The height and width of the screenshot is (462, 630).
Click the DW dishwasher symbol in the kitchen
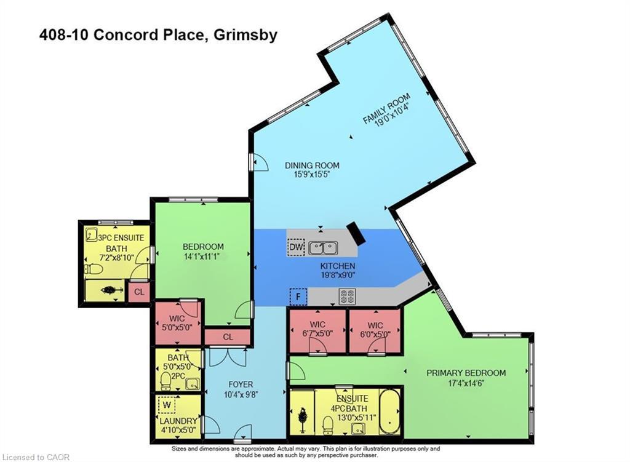[297, 247]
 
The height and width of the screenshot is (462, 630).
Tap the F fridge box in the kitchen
[298, 297]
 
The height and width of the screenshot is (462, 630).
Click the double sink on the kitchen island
[323, 248]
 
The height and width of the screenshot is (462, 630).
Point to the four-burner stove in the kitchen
[347, 296]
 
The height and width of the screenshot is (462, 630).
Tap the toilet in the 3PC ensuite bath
[94, 269]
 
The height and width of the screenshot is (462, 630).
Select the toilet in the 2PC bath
[165, 381]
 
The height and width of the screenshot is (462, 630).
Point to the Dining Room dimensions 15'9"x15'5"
[312, 174]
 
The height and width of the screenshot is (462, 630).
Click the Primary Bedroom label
[466, 373]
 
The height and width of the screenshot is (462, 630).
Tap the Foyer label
[241, 384]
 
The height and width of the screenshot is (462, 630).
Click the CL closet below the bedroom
[228, 337]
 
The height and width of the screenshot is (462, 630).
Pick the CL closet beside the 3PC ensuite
[139, 292]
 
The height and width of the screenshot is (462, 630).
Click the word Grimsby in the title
[245, 35]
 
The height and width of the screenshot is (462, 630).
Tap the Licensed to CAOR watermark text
[36, 457]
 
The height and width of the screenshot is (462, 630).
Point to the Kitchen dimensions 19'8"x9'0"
[338, 275]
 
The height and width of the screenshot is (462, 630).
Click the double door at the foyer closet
[228, 357]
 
